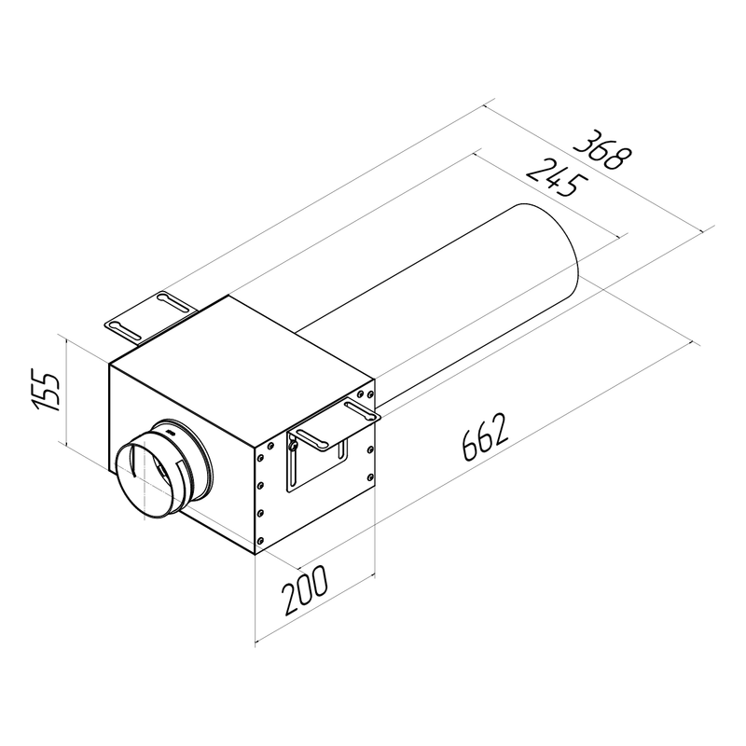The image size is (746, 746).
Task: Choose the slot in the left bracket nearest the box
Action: pyautogui.click(x=173, y=300)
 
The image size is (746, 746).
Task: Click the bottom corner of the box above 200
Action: pyautogui.click(x=256, y=556)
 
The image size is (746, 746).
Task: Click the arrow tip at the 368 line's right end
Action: pyautogui.click(x=711, y=228)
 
